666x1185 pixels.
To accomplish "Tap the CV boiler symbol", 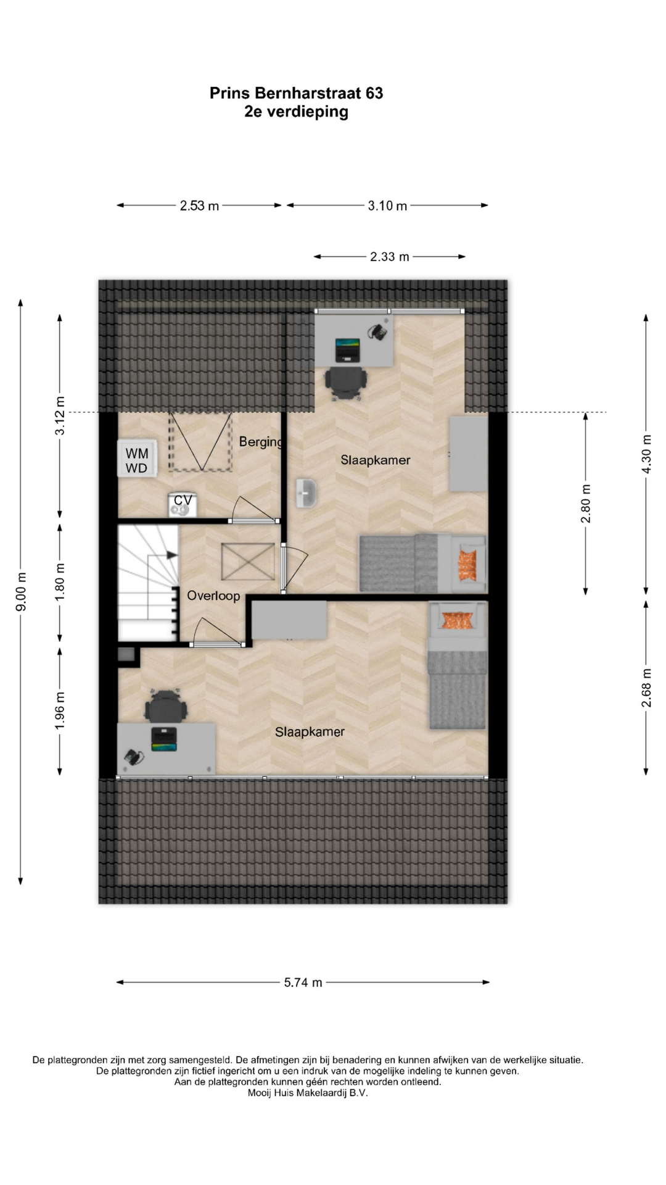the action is pos(183,504).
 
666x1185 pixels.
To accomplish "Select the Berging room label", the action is pos(261,442).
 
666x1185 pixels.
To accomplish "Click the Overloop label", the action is pos(213,596).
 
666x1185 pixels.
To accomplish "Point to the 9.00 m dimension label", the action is pos(22,591).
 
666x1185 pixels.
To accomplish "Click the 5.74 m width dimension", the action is pos(303,982).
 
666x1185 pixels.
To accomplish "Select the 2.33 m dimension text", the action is pos(390,257).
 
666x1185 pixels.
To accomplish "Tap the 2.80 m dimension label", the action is pos(586,504).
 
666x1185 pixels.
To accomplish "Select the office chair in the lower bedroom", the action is pos(165,706).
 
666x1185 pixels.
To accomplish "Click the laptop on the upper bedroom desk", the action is pos(347,349).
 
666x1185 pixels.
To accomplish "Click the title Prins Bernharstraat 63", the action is pos(296,93).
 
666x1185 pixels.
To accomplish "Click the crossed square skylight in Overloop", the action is pos(248,562).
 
